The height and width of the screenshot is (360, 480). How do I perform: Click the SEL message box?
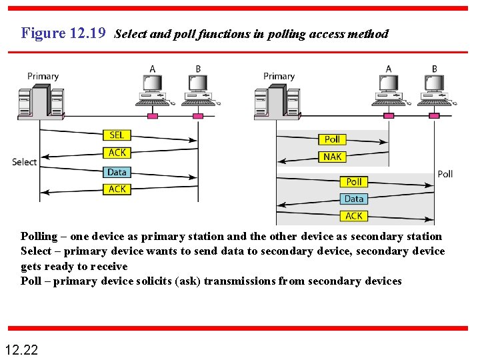pos(117,135)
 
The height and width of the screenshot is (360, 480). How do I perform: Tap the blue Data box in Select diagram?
pos(117,172)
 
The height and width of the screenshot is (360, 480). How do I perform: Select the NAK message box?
pos(332,157)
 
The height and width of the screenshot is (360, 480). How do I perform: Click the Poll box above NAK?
pos(332,139)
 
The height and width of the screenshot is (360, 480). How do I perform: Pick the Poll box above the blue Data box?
pos(354,181)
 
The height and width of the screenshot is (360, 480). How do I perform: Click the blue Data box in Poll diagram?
pos(354,199)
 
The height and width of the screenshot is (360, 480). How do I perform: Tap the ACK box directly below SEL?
pos(117,153)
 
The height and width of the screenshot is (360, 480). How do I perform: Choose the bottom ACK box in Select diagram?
pos(117,189)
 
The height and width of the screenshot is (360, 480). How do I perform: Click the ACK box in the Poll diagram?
pos(354,215)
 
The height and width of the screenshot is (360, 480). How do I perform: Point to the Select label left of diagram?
pos(25,162)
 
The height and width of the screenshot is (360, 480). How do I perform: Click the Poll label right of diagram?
pos(445,174)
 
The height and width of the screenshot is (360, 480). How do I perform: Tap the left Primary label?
pos(43,76)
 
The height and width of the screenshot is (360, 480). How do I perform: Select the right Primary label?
pos(279,76)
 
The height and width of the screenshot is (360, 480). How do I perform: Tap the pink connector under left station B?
pos(198,116)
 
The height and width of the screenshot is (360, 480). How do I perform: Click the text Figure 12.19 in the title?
pos(63,33)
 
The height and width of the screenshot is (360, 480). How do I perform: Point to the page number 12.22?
pos(21,349)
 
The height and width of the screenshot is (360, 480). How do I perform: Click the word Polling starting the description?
pos(39,236)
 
